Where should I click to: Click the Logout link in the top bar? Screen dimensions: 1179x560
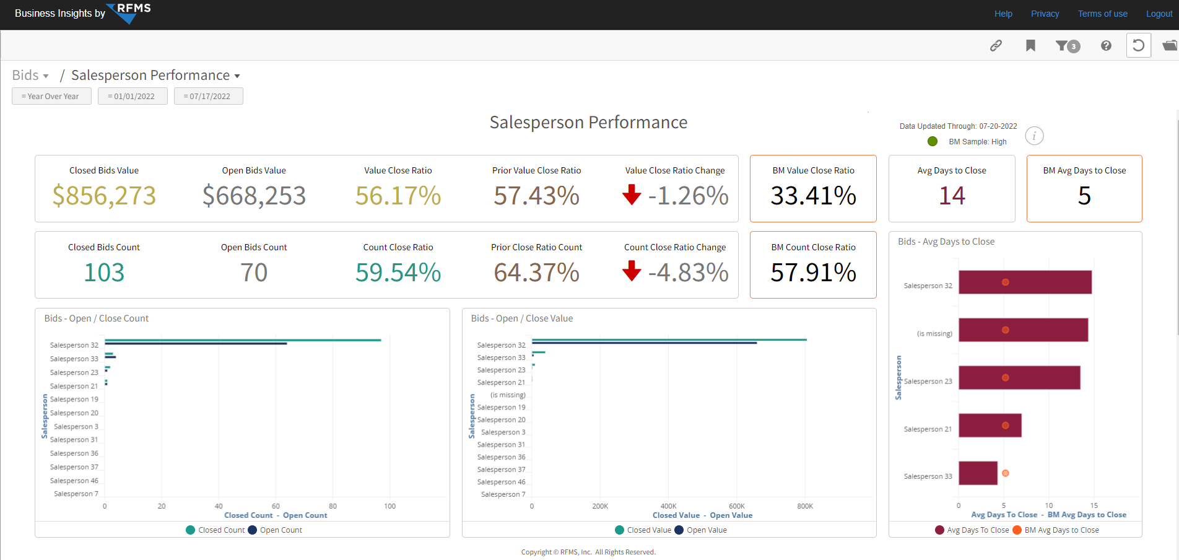coord(1159,14)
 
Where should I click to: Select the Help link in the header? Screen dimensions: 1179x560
coord(1003,14)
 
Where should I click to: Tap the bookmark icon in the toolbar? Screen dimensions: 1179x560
coord(1030,45)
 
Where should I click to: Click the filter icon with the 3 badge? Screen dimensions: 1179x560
coord(1068,46)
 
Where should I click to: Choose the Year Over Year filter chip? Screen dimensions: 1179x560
coord(51,96)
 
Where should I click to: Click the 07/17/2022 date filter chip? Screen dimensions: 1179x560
coord(209,96)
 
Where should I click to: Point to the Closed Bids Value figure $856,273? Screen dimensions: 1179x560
coord(104,196)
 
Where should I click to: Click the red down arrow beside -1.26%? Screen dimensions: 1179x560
coord(632,195)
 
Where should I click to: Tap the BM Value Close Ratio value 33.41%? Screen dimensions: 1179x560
coord(813,196)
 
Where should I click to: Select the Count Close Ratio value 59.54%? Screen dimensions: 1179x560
coord(398,273)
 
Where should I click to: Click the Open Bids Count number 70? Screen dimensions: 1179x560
coord(254,273)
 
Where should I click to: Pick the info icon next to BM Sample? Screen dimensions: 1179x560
coord(1034,136)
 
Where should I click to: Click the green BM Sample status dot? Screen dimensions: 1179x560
coord(933,141)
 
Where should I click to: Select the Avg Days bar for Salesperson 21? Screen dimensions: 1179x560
coord(990,426)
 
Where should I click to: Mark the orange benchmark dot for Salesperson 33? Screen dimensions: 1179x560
coord(1006,473)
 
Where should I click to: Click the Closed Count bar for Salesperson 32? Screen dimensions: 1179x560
coord(243,340)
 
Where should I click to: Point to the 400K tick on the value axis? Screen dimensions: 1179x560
coord(668,506)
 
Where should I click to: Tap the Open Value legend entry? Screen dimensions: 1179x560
coord(700,530)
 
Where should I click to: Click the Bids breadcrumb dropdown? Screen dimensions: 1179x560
coord(30,76)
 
